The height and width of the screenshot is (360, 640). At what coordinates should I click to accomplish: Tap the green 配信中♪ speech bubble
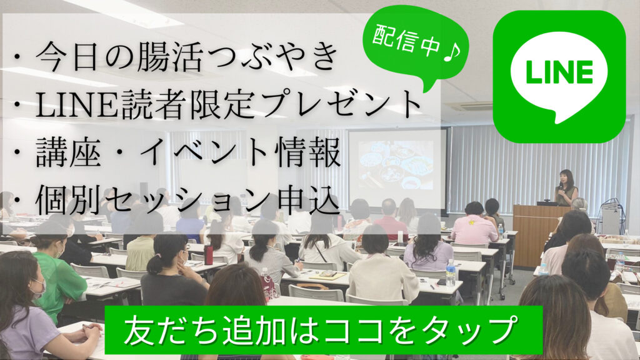pyautogui.click(x=416, y=43)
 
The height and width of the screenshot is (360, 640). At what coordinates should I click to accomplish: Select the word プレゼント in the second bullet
pyautogui.click(x=342, y=104)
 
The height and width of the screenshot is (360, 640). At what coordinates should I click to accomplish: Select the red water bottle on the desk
pyautogui.click(x=209, y=255)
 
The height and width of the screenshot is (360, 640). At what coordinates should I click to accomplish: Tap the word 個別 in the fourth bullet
pyautogui.click(x=68, y=200)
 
